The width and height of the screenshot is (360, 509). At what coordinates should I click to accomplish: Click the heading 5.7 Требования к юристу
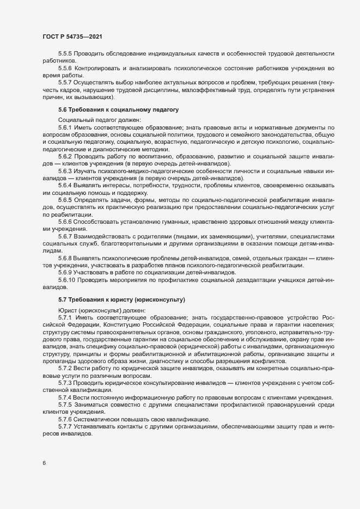tap(121, 299)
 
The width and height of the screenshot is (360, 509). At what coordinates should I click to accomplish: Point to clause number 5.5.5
tap(65, 53)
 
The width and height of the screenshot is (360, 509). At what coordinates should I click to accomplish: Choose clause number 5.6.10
tap(67, 279)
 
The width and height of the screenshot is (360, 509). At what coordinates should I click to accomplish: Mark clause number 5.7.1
tap(65, 317)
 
